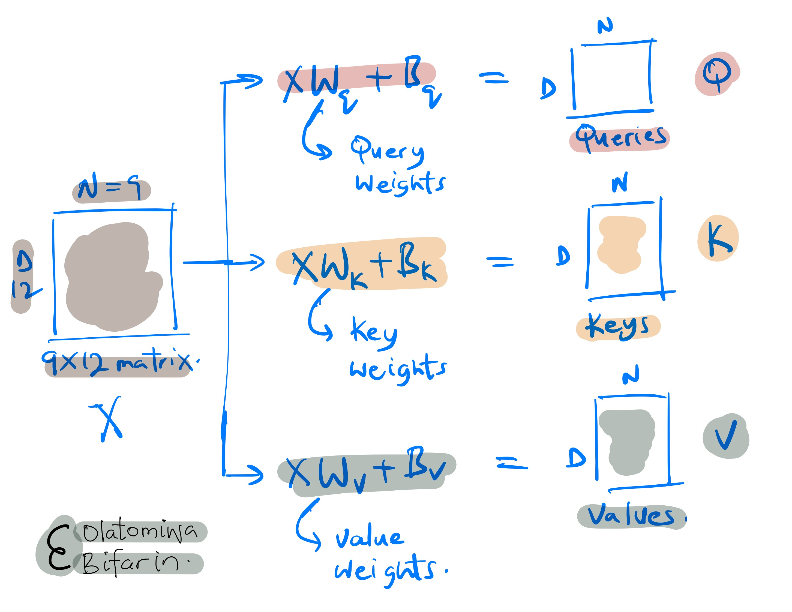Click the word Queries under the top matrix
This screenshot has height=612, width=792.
click(620, 138)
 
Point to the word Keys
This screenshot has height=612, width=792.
click(618, 326)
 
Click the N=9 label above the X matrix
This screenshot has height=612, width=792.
click(111, 189)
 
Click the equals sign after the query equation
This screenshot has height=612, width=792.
click(494, 78)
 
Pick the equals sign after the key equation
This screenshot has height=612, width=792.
click(499, 261)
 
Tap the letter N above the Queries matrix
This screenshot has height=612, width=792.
click(605, 26)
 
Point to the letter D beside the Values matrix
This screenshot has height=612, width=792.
click(576, 458)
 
